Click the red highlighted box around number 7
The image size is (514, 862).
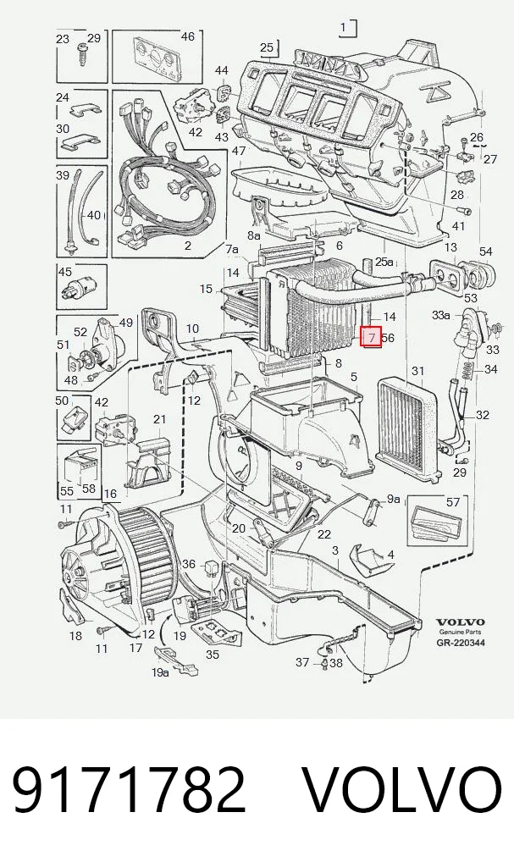click(x=371, y=338)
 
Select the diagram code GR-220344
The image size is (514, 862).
click(x=461, y=643)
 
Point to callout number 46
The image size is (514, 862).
click(x=187, y=36)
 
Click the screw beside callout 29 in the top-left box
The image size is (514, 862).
click(x=83, y=54)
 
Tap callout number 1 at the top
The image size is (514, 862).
click(x=343, y=27)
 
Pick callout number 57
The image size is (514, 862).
click(x=452, y=502)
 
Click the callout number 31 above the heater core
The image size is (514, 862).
click(x=418, y=371)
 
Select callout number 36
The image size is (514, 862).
click(x=189, y=564)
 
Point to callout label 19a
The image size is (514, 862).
click(x=161, y=673)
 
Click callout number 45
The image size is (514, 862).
click(x=65, y=272)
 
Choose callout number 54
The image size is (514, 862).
click(x=485, y=251)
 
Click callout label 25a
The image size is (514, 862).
click(x=384, y=261)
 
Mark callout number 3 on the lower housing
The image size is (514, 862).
click(x=334, y=550)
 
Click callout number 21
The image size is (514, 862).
click(x=159, y=419)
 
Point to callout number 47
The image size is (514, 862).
click(x=238, y=151)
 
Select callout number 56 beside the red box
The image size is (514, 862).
click(x=388, y=338)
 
